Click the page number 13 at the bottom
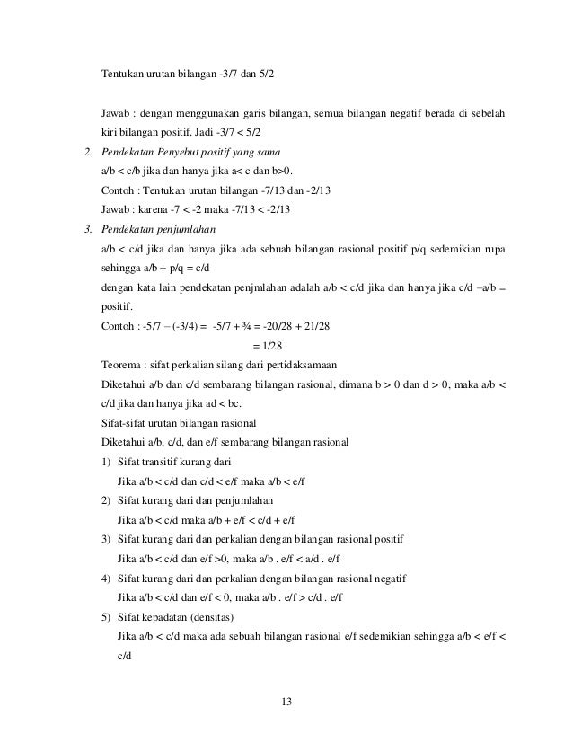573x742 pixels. [x=286, y=701]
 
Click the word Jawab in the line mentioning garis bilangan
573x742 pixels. [x=117, y=113]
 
